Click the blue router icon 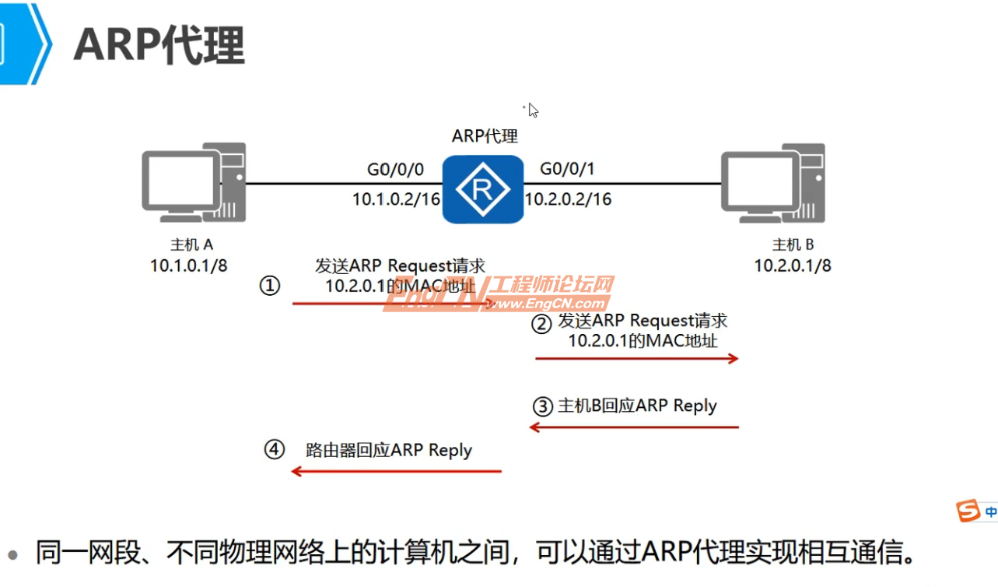point(483,189)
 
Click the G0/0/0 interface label point(396,170)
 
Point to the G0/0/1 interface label point(567,170)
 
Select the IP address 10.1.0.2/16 point(396,199)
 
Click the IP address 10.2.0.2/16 point(568,199)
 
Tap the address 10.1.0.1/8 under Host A point(189,265)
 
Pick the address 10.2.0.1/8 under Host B point(793,265)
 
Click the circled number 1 point(269,286)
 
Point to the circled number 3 point(542,406)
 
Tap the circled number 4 point(274,450)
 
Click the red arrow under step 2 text point(636,358)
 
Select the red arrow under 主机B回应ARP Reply point(633,427)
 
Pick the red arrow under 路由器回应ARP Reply point(397,471)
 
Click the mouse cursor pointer point(533,110)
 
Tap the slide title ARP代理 point(159,45)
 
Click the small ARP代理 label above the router point(485,136)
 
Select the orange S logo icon point(968,511)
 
